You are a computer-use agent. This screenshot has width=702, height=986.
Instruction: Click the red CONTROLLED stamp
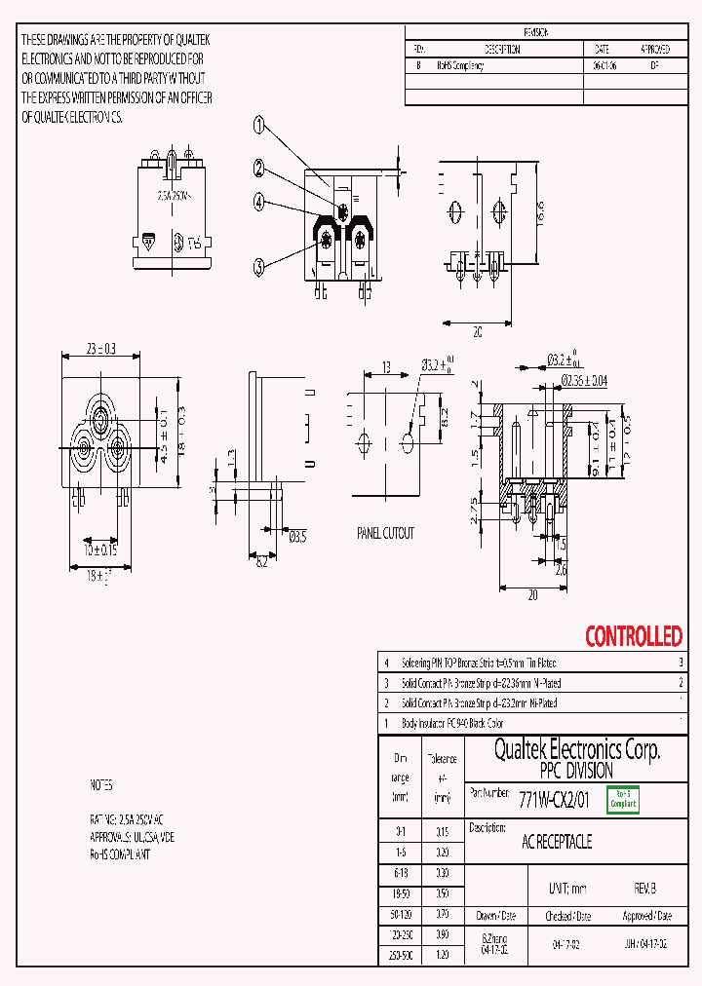633,636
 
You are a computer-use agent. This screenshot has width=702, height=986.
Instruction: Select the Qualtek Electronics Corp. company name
576,749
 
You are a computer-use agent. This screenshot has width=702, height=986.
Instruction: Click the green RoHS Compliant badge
623,800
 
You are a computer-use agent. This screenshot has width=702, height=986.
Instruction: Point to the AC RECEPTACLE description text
557,841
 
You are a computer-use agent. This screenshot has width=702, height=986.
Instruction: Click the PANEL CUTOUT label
384,533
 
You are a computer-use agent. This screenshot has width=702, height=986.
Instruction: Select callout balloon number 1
259,125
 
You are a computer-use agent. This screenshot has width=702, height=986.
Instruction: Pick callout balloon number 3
259,266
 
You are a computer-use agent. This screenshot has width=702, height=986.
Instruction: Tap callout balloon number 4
259,202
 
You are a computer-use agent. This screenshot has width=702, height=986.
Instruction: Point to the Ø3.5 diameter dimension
298,536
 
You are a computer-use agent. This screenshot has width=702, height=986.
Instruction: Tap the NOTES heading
101,784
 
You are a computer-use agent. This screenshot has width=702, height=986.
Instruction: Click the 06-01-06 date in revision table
597,66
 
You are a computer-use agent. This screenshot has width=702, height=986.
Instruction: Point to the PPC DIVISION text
576,770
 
